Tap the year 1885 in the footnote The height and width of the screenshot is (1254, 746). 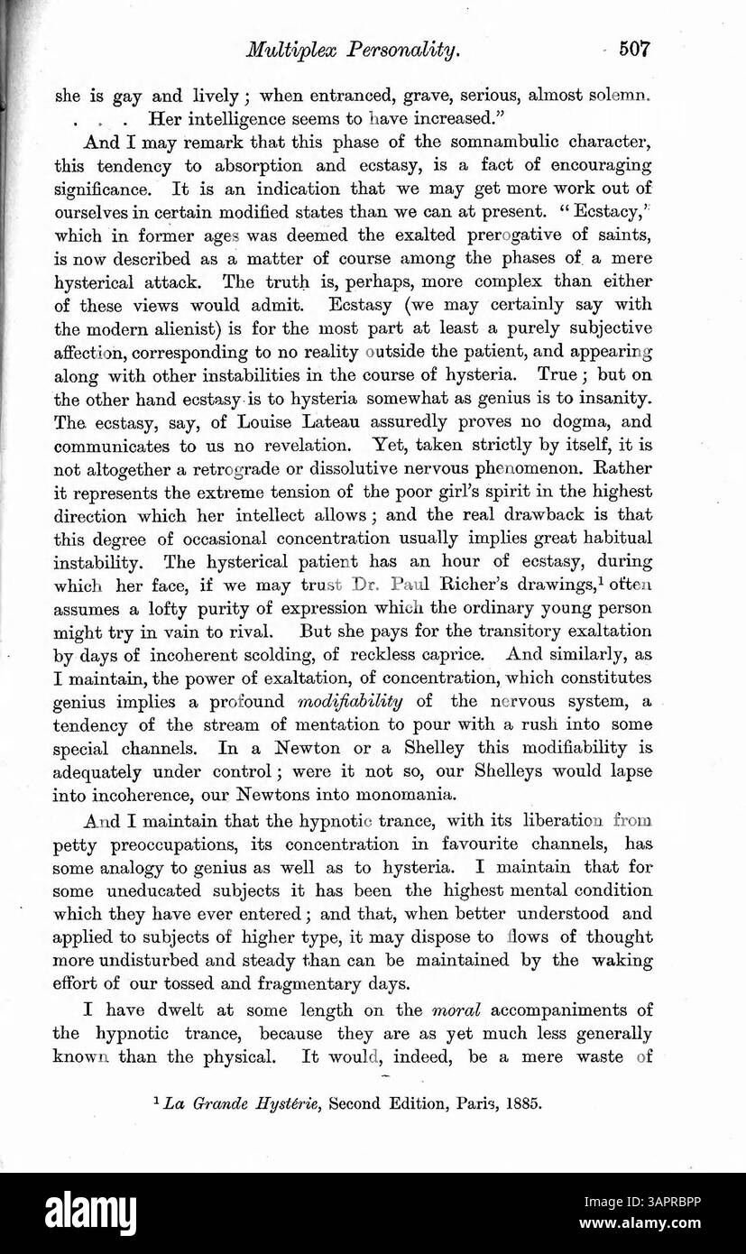[523, 1102]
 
